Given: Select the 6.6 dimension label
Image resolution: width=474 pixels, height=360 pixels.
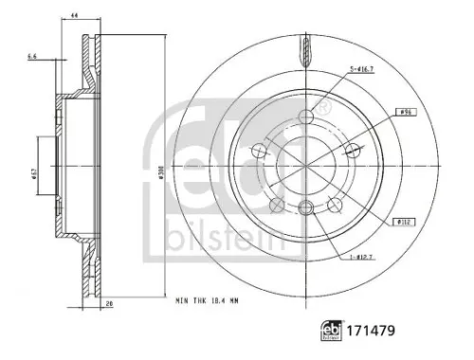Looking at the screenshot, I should pos(33,58).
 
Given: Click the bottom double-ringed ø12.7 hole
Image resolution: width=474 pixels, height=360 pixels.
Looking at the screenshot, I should pos(304,210).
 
